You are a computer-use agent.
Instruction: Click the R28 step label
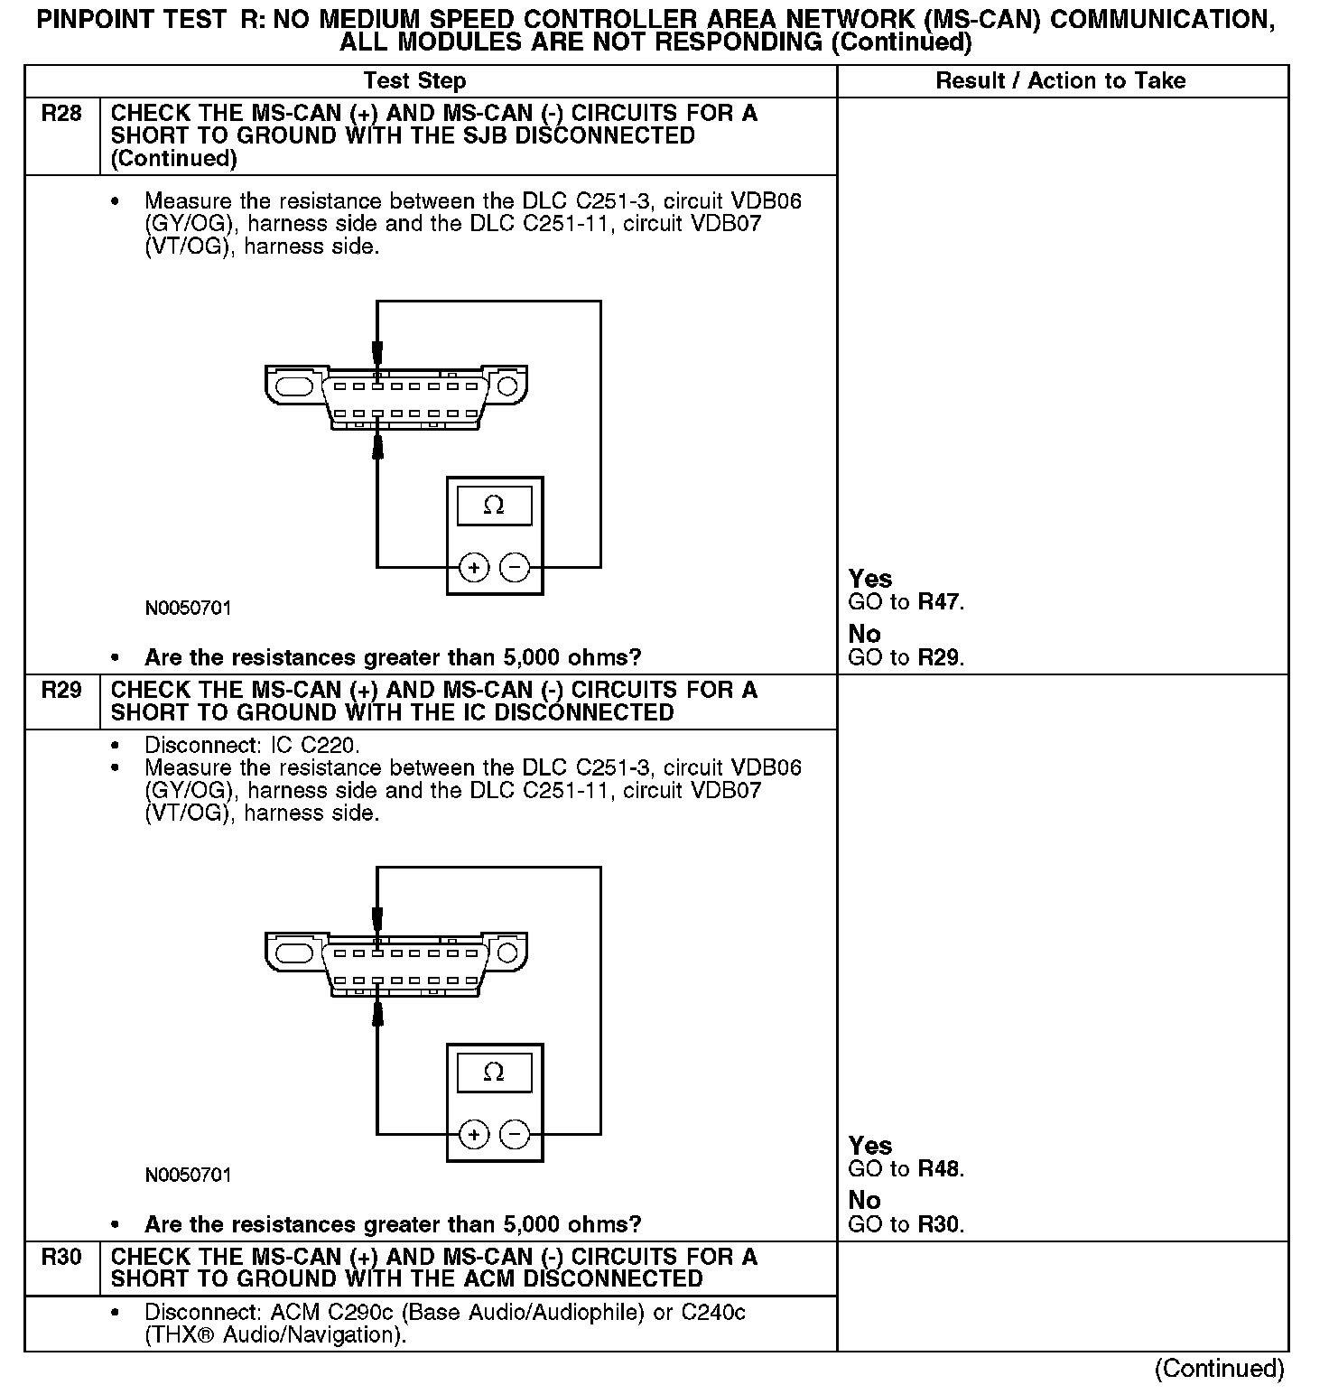[61, 114]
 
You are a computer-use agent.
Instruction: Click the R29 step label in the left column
[61, 691]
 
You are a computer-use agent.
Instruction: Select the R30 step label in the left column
[61, 1257]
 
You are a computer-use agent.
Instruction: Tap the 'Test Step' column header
[414, 81]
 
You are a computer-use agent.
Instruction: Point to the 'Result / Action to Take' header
[1061, 81]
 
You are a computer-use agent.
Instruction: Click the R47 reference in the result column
[940, 602]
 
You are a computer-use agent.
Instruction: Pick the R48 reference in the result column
[940, 1169]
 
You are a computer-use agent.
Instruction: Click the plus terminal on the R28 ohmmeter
[474, 568]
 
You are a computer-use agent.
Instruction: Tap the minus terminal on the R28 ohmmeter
[515, 568]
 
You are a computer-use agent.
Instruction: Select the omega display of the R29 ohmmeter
[494, 1073]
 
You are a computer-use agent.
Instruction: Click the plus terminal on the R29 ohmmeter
[474, 1134]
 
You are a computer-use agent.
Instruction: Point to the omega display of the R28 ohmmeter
[494, 506]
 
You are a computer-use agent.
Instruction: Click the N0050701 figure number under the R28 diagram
[188, 609]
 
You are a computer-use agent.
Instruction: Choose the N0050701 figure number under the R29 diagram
[188, 1176]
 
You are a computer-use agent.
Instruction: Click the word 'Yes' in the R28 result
[870, 580]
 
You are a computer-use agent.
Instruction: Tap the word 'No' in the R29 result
[864, 1201]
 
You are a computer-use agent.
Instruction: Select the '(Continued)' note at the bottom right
[1219, 1369]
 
